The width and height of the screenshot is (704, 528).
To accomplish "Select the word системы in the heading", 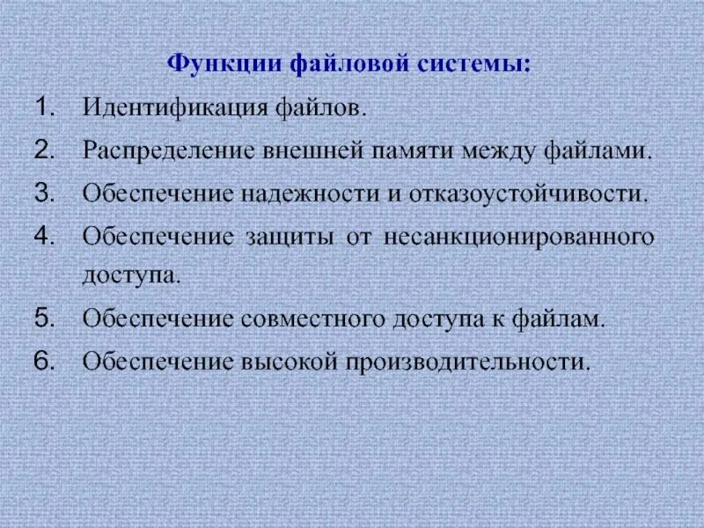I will pos(479,65).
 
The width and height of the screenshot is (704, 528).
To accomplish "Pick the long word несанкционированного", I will pos(519,237).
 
